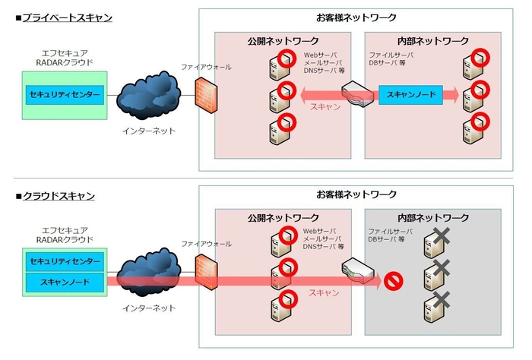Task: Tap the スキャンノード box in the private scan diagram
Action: click(411, 94)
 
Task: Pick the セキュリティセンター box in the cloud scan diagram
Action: click(65, 261)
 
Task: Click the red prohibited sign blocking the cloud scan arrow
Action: click(394, 281)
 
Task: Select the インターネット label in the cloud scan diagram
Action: click(149, 308)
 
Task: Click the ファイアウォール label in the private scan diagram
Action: click(205, 67)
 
